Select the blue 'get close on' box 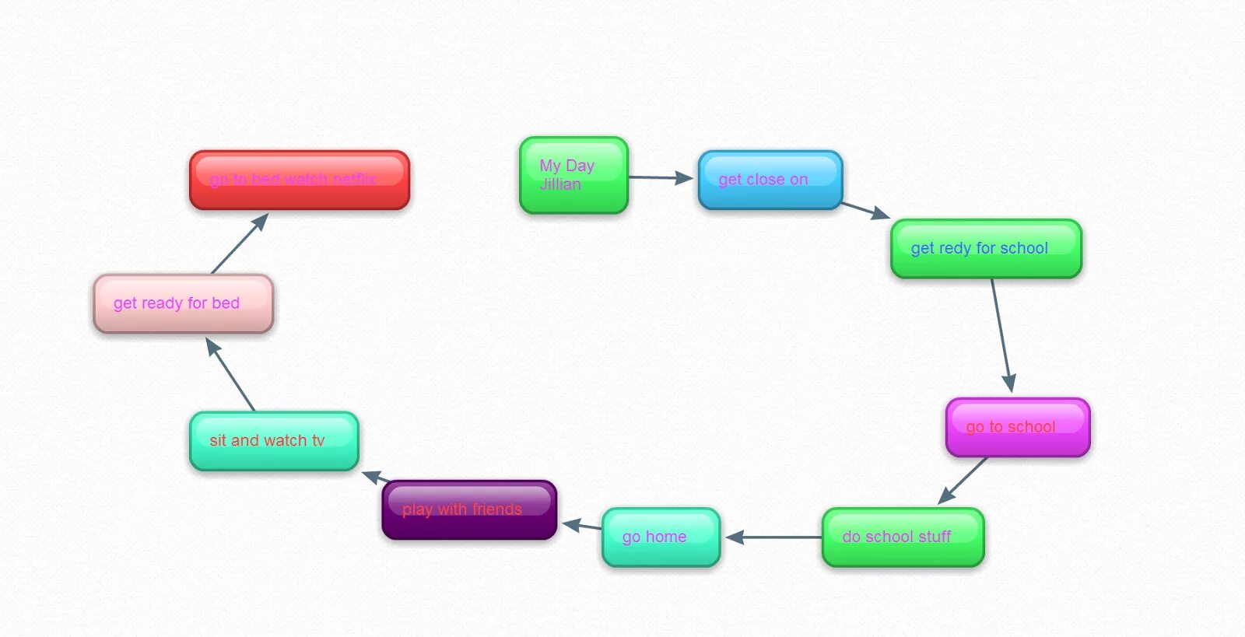770,180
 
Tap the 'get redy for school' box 986,249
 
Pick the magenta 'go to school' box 1017,428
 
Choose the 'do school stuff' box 903,537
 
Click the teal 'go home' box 661,537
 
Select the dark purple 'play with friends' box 469,510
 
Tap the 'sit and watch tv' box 274,441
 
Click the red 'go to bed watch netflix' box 300,180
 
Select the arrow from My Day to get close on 660,178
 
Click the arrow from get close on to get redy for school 865,210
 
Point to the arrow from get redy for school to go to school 1001,334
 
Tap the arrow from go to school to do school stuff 963,480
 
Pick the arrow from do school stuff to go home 773,537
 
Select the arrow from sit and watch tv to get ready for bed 230,374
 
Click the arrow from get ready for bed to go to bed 240,243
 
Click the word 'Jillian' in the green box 560,184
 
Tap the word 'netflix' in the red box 354,180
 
